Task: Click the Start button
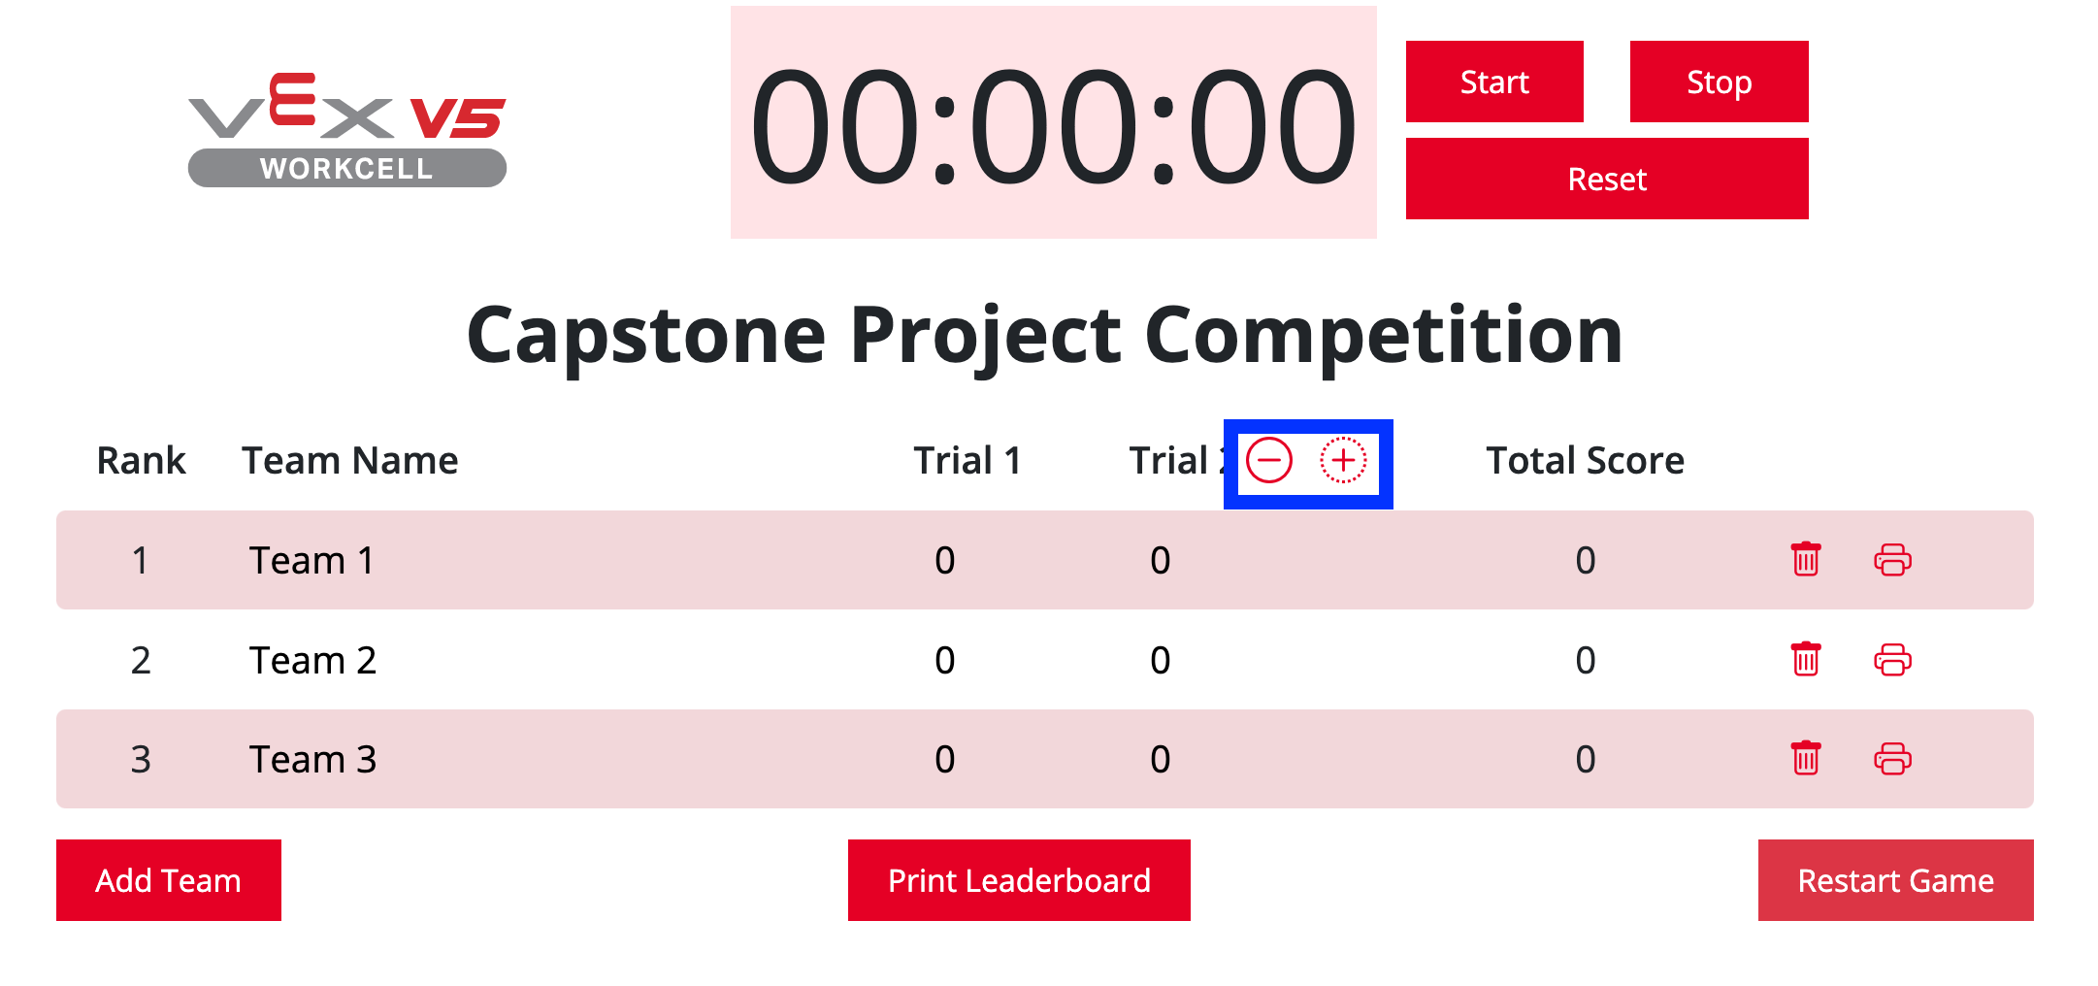(1494, 82)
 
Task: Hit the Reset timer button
(1607, 179)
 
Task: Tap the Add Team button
(169, 880)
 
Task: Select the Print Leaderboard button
(1019, 880)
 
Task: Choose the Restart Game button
(1896, 880)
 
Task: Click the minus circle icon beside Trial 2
(1269, 460)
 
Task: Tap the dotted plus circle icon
(1343, 460)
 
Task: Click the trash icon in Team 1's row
(1806, 559)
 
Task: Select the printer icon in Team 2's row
(1892, 660)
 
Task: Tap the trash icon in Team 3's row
(1806, 758)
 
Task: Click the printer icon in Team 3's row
(1892, 759)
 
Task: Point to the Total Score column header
(1586, 460)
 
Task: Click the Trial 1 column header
(967, 460)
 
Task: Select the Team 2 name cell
(312, 660)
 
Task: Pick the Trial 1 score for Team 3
(945, 759)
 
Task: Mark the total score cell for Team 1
(1586, 560)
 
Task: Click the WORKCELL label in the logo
(346, 169)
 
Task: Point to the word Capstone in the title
(646, 336)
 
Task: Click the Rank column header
(142, 460)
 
